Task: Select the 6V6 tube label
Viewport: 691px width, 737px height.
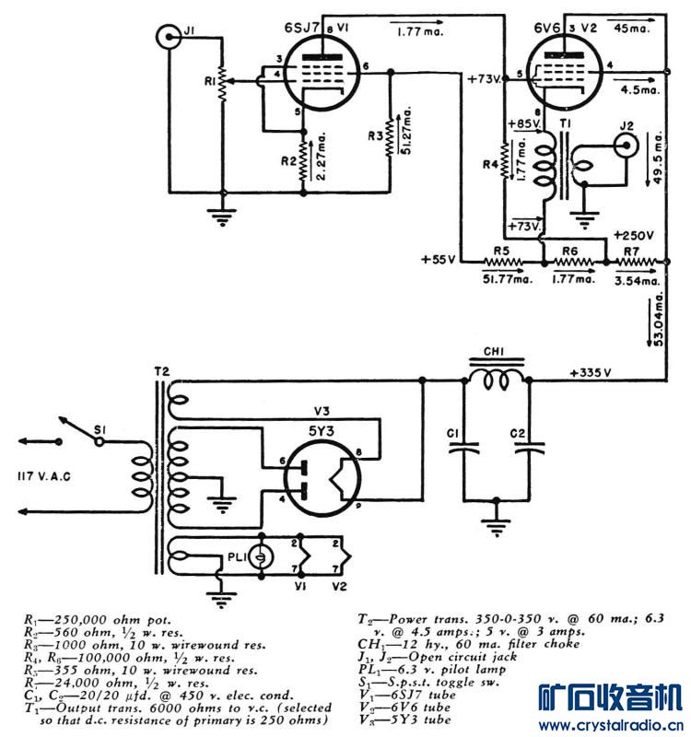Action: pos(549,28)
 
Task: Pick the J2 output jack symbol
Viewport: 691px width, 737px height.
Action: pos(627,142)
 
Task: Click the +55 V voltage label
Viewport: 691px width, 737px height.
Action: pos(439,259)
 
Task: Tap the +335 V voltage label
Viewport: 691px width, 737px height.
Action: pos(591,373)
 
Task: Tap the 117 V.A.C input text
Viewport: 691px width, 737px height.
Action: pos(44,474)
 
